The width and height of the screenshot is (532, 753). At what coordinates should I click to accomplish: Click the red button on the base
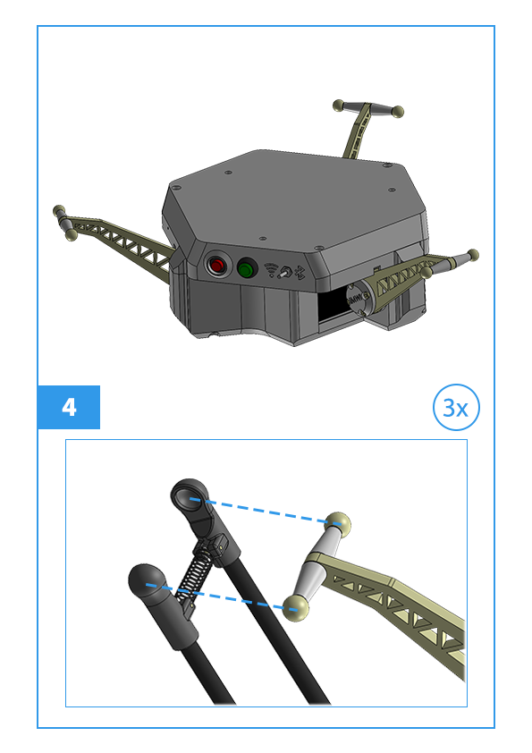coord(216,265)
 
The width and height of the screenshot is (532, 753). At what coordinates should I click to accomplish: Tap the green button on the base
coord(247,269)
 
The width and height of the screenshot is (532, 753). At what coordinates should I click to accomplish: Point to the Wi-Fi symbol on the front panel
coord(272,270)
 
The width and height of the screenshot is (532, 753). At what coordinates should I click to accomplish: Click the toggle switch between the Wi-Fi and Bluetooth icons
coord(285,272)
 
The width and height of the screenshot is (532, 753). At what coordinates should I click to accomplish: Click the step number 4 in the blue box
coord(69,407)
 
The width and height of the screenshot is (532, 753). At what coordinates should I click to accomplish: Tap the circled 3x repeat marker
coord(456,407)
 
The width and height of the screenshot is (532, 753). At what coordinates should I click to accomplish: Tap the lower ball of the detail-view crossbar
coord(295,608)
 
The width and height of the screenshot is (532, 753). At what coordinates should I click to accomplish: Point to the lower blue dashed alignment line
coord(221,597)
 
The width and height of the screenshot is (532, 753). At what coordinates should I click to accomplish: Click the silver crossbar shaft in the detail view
coord(317,566)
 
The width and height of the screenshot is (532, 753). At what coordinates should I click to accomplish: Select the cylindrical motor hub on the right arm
coord(359,297)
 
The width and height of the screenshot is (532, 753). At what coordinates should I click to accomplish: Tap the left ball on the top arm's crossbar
coord(339,106)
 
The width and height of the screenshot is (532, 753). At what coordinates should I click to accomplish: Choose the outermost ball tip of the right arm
coord(473,255)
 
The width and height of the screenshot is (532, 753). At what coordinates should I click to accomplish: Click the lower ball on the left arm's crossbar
coord(71,235)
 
